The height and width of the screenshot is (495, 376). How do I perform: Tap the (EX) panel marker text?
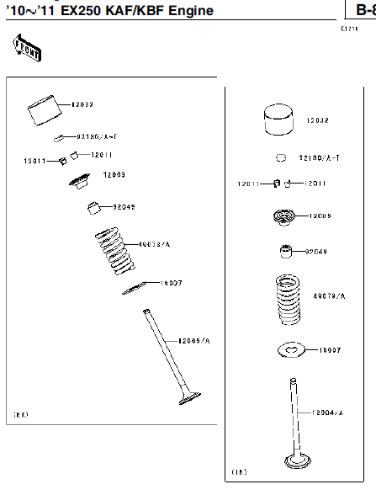22,415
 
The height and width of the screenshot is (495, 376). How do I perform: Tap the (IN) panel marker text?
238,472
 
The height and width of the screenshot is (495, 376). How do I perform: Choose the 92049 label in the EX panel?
124,206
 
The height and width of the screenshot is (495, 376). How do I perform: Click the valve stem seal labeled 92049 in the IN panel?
287,252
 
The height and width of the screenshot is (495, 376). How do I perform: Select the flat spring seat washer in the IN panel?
289,348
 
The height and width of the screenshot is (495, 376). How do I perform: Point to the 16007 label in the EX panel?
171,284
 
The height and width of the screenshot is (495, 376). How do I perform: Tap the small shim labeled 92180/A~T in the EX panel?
61,137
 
